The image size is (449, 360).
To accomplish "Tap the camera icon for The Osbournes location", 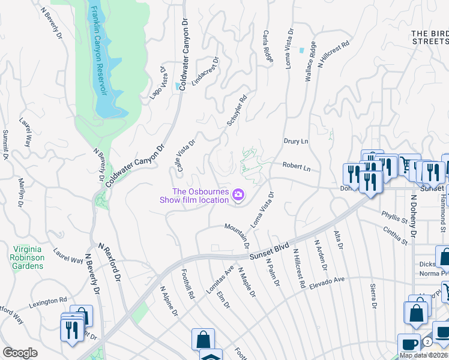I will tap(239, 194).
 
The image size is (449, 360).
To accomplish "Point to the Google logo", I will tap(20, 353).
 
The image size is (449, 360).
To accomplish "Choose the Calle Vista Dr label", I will tap(185, 154).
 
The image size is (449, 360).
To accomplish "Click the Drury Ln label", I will tap(295, 142).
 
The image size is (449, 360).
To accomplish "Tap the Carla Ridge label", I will tap(268, 46).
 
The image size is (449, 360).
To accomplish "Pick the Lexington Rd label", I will tap(47, 301).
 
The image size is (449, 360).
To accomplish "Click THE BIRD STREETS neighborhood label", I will tap(430, 37).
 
